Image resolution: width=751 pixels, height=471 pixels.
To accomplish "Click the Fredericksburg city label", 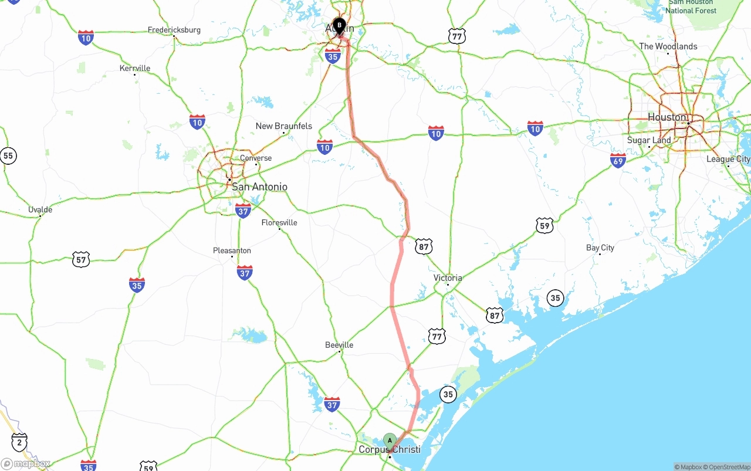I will pyautogui.click(x=174, y=30).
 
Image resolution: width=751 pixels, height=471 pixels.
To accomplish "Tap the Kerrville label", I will pyautogui.click(x=135, y=68).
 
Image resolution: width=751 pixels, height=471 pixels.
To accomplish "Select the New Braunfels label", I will pyautogui.click(x=284, y=126).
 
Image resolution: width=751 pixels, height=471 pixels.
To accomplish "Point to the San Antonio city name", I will pyautogui.click(x=259, y=187).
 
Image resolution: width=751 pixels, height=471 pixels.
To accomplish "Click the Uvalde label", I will pyautogui.click(x=40, y=209).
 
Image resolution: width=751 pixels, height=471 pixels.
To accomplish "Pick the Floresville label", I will pyautogui.click(x=279, y=222).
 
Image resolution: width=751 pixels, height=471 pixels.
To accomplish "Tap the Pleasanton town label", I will pyautogui.click(x=232, y=250).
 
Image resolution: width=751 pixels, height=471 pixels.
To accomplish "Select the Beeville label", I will pyautogui.click(x=339, y=345).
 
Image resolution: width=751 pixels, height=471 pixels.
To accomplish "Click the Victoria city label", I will pyautogui.click(x=448, y=277).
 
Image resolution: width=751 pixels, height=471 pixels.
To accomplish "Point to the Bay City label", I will pyautogui.click(x=600, y=248).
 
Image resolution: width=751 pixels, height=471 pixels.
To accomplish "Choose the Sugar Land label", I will pyautogui.click(x=649, y=140).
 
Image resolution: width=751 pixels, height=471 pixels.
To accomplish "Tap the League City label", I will pyautogui.click(x=728, y=159).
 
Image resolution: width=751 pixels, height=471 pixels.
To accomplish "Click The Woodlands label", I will pyautogui.click(x=668, y=46).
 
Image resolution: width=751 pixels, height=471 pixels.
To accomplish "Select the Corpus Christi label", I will pyautogui.click(x=389, y=450).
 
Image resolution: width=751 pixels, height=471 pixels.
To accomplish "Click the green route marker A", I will pyautogui.click(x=390, y=440).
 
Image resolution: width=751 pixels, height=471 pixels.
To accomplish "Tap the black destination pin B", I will pyautogui.click(x=339, y=25).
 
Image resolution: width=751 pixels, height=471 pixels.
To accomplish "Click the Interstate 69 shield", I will pyautogui.click(x=618, y=161).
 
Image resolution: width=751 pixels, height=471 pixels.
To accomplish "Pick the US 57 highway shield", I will pyautogui.click(x=81, y=260).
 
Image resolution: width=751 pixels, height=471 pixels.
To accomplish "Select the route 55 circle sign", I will pyautogui.click(x=8, y=155).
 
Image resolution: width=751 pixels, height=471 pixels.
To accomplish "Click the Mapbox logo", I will pyautogui.click(x=26, y=464).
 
